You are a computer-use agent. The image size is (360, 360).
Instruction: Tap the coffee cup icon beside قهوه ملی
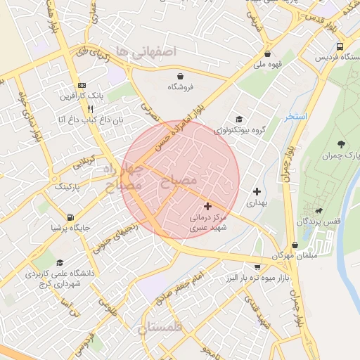[x=267, y=54]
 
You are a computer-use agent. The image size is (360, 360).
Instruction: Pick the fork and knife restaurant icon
[x=90, y=109]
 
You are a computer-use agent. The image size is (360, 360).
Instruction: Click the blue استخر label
[x=296, y=116]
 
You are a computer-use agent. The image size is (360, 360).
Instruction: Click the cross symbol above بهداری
[x=257, y=191]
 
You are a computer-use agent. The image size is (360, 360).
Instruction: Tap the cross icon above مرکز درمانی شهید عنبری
[x=207, y=206]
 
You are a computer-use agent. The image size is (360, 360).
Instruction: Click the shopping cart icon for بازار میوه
[x=257, y=266]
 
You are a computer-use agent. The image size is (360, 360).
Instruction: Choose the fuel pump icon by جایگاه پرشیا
[x=70, y=217]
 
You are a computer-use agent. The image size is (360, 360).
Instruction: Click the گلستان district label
[x=160, y=328]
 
